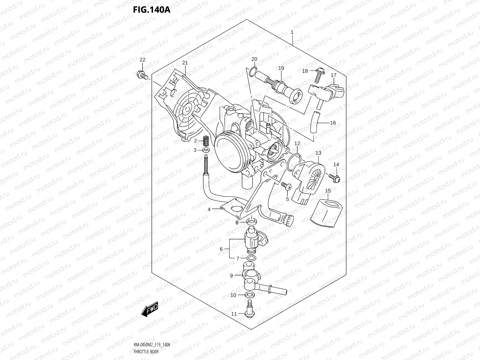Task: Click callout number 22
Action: pos(142,60)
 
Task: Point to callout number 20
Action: pos(254,59)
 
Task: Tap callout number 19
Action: pos(281,68)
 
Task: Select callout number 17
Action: pos(334,75)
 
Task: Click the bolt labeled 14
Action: pos(335,178)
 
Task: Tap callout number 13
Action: pos(318,153)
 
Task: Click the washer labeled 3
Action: pos(206,150)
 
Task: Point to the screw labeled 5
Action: pos(286,187)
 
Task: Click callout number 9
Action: pos(231,275)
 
